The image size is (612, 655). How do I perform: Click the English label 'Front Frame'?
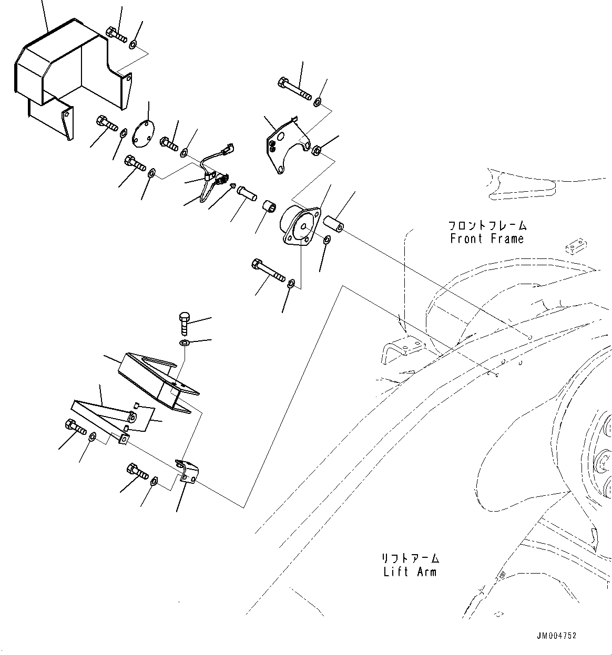(x=487, y=239)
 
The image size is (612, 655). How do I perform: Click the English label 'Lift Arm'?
(x=410, y=571)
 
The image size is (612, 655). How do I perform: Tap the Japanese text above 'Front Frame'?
(x=487, y=226)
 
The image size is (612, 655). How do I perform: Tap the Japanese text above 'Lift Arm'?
(x=411, y=558)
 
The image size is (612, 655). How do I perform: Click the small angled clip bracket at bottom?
(x=187, y=471)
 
